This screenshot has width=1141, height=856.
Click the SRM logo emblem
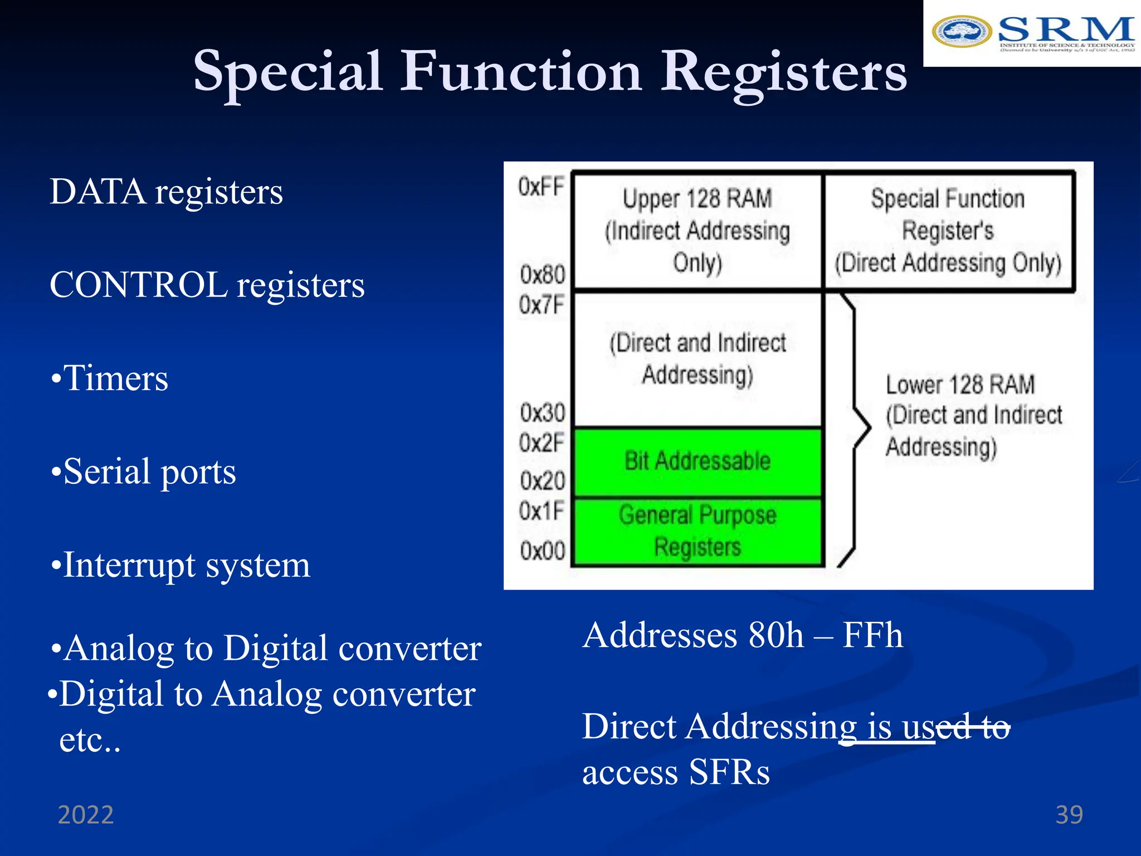tap(961, 32)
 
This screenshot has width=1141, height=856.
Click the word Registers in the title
tap(784, 72)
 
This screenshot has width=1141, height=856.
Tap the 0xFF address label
tap(541, 187)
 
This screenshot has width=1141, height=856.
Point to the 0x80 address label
tap(542, 274)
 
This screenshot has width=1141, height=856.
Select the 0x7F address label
tap(542, 305)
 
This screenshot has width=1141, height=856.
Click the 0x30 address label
tap(542, 413)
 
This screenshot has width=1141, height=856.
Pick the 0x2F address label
tap(542, 443)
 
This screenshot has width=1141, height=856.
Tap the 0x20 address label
tap(542, 480)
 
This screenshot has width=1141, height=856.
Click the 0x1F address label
tap(542, 510)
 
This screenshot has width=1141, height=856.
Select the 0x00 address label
tap(542, 551)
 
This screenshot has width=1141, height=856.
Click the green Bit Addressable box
tap(698, 461)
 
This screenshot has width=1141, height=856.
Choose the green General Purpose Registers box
tap(698, 531)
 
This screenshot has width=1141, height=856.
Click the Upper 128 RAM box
tap(698, 231)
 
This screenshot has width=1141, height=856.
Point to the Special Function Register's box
tap(948, 231)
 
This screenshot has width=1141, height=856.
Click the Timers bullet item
tap(109, 378)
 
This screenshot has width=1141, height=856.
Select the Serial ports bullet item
tap(143, 471)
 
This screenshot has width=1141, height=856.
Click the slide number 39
tap(1069, 815)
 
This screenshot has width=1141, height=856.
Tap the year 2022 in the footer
tap(86, 815)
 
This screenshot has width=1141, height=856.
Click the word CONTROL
tap(138, 285)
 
